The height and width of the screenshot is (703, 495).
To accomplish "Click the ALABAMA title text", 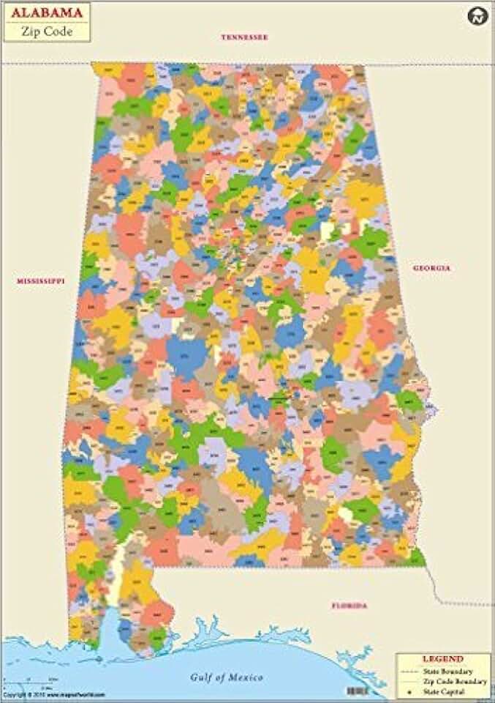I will click(x=47, y=12).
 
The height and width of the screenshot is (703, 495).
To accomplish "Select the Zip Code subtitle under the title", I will click(x=47, y=31).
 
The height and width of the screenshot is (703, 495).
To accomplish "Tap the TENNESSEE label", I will click(x=245, y=37).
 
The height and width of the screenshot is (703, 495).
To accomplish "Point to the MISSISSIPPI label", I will click(x=41, y=280).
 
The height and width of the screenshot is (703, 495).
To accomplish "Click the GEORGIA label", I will click(x=431, y=268).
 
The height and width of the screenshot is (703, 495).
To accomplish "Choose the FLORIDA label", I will click(x=349, y=606).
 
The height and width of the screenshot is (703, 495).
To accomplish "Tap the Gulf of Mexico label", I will click(x=227, y=677).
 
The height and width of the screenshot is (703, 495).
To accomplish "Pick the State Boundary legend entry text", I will click(x=453, y=671).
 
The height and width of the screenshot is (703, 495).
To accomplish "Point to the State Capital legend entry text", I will click(x=451, y=691).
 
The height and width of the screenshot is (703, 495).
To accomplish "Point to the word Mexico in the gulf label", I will click(x=246, y=677).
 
